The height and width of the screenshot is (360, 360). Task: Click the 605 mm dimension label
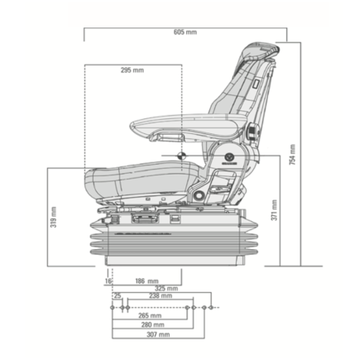(x=185, y=31)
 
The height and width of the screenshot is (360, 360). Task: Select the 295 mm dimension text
(x=132, y=70)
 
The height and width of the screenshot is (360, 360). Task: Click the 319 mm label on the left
(x=54, y=218)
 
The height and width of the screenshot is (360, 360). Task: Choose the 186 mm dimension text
(x=146, y=281)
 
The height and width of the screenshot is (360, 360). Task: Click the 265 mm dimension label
(x=151, y=315)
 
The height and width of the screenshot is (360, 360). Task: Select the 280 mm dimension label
(x=153, y=325)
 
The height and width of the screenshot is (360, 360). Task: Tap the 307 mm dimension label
(x=158, y=335)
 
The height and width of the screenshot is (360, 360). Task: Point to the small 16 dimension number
(x=108, y=281)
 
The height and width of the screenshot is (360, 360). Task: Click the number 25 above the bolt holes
(x=117, y=295)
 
